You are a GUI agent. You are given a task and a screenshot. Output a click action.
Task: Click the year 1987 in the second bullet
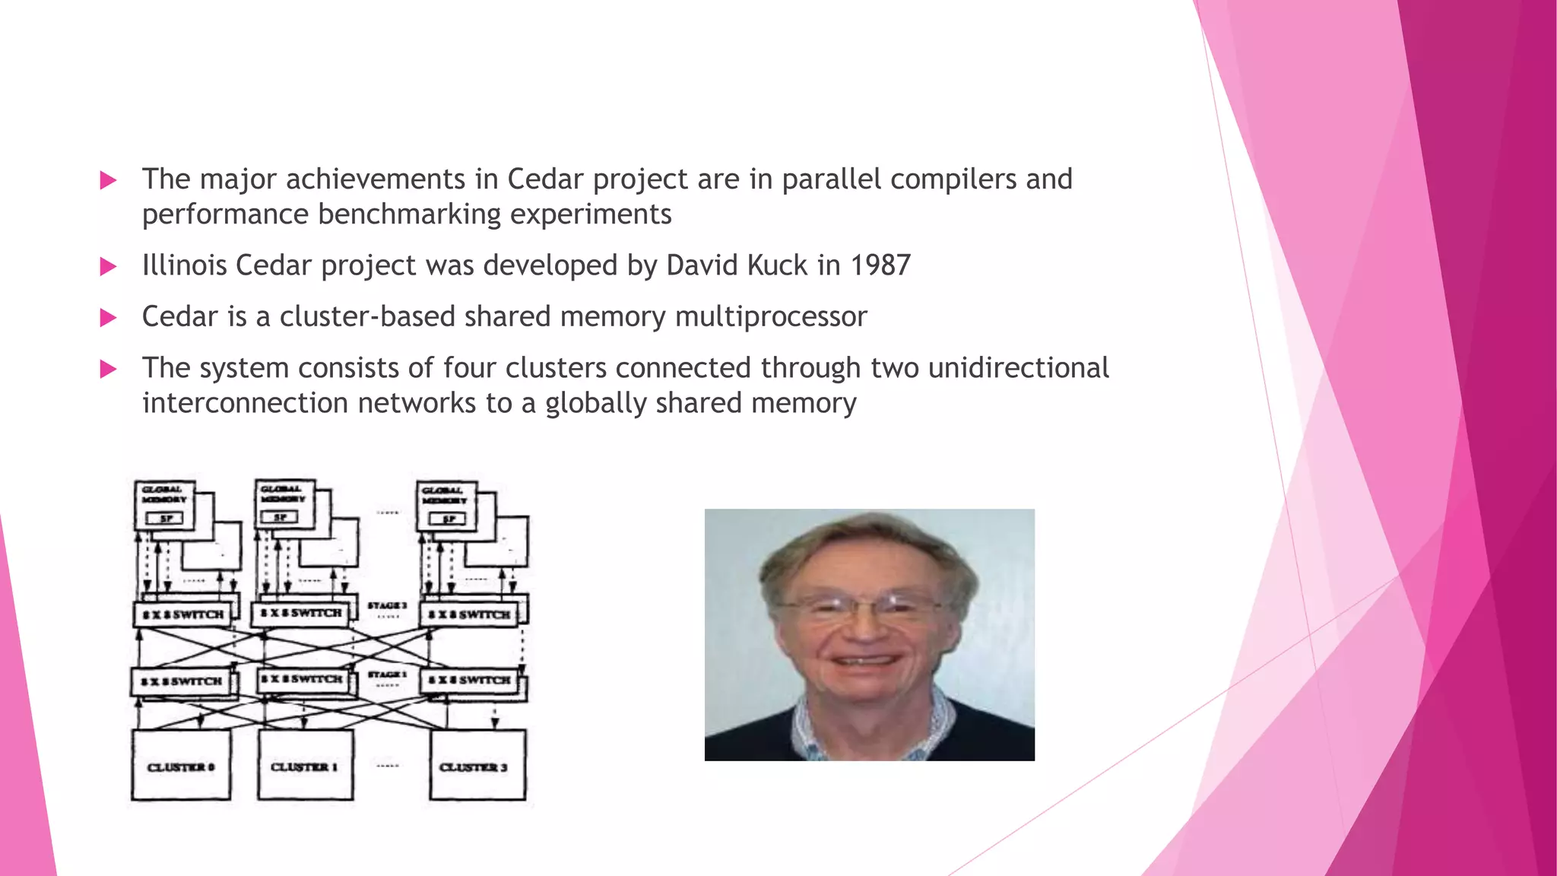pyautogui.click(x=880, y=265)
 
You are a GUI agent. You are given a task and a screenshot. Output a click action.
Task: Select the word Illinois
pyautogui.click(x=185, y=265)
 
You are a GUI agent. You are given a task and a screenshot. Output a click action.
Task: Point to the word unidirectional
pyautogui.click(x=1018, y=368)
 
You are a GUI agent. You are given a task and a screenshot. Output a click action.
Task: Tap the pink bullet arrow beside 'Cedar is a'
pyautogui.click(x=109, y=318)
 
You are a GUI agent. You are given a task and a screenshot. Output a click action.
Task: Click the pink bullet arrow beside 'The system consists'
pyautogui.click(x=109, y=370)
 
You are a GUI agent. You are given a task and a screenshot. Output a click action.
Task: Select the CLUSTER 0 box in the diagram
pyautogui.click(x=181, y=765)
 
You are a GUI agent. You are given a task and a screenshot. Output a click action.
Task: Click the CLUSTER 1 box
pyautogui.click(x=305, y=765)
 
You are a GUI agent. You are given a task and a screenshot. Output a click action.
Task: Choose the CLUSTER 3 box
pyautogui.click(x=477, y=765)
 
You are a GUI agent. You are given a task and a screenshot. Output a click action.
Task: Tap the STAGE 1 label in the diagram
pyautogui.click(x=387, y=674)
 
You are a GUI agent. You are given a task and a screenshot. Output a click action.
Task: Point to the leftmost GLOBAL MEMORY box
pyautogui.click(x=164, y=504)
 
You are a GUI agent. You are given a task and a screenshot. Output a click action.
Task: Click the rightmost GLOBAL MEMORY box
pyautogui.click(x=446, y=506)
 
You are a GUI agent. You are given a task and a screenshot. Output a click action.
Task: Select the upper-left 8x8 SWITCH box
pyautogui.click(x=182, y=614)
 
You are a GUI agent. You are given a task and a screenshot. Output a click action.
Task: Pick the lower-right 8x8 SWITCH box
pyautogui.click(x=469, y=680)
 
